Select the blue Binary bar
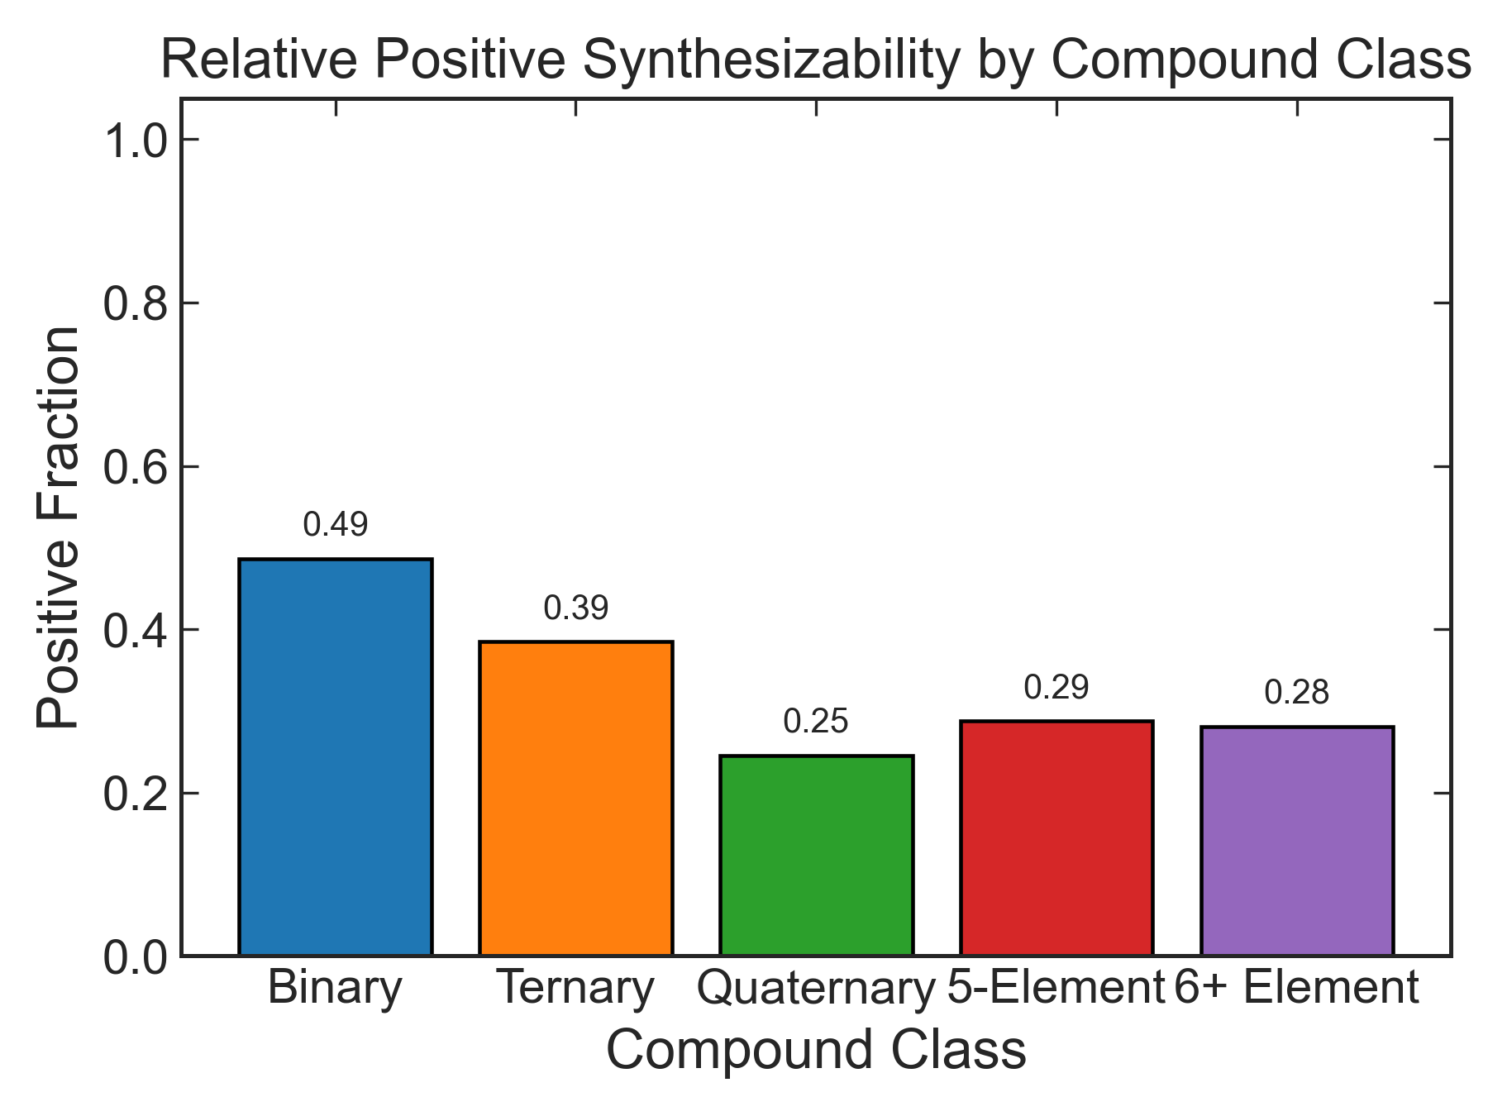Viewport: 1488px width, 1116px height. pos(335,757)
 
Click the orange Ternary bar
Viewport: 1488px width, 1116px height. pos(575,799)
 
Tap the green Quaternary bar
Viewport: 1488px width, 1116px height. pos(816,856)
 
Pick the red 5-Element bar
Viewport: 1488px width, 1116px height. pos(1056,838)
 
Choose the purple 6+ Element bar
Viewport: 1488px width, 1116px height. pos(1297,841)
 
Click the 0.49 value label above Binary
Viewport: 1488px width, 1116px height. pos(335,525)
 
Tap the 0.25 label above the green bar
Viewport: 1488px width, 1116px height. pos(816,723)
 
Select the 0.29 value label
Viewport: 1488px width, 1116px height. pos(1056,688)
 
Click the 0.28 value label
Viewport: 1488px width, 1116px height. pos(1297,694)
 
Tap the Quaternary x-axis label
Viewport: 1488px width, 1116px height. pos(816,988)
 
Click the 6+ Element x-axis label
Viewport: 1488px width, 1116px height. pos(1297,988)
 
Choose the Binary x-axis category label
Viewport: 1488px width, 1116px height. pos(335,988)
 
